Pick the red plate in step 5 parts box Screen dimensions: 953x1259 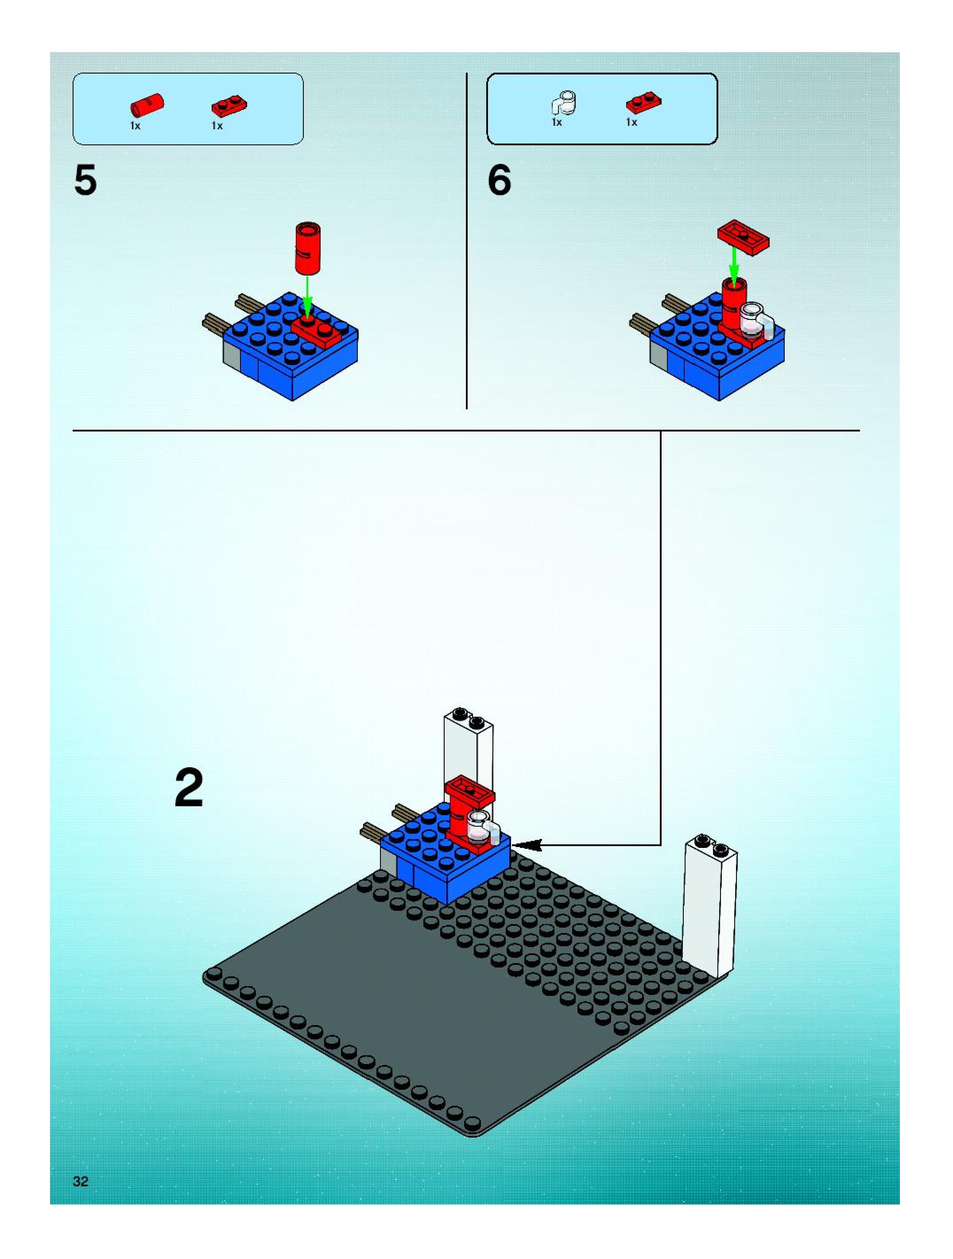click(x=229, y=106)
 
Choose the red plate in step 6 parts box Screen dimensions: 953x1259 click(x=643, y=103)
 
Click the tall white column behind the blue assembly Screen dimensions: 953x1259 click(x=468, y=746)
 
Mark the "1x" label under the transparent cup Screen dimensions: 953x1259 click(x=557, y=122)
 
